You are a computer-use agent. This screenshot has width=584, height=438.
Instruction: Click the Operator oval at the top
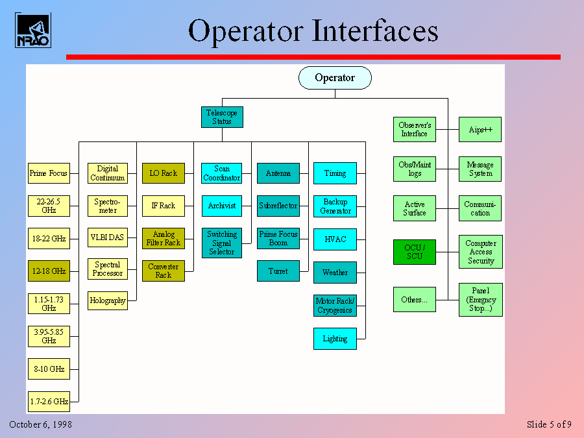(335, 78)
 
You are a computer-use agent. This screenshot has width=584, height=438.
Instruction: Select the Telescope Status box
(222, 117)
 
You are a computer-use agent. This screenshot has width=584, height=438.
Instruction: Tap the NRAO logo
(32, 30)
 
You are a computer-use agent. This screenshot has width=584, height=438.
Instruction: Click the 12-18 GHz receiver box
(49, 271)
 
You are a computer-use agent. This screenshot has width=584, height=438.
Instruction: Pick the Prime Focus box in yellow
(49, 173)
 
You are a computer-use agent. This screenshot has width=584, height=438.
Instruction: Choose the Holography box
(108, 300)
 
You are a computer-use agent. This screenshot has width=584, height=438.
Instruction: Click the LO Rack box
(164, 173)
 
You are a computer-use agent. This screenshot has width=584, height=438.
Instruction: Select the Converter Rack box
(164, 271)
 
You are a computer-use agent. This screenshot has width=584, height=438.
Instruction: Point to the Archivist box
(222, 206)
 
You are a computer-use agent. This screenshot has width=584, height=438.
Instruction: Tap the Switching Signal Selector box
(222, 243)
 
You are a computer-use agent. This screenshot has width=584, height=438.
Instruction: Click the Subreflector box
(278, 206)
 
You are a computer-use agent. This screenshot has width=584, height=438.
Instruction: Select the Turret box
(278, 271)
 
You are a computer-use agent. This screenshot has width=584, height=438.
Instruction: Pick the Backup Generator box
(335, 206)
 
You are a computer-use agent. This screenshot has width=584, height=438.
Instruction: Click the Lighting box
(335, 339)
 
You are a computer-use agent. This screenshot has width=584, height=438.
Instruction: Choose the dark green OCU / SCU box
(415, 252)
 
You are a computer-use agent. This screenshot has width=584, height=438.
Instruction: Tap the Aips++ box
(480, 130)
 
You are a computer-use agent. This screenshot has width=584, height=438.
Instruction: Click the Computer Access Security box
(480, 252)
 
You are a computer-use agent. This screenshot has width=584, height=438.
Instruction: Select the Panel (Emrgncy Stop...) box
(480, 300)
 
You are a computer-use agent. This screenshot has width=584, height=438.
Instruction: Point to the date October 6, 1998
(40, 424)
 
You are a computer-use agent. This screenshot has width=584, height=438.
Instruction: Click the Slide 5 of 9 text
(549, 424)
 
